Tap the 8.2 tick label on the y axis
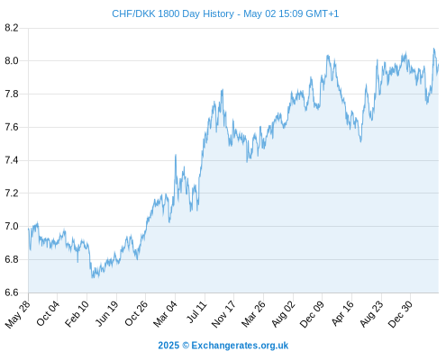click(12, 28)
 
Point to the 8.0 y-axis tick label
click(12, 61)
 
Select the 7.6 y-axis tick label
click(12, 127)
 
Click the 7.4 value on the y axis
click(12, 160)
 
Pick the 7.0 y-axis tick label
click(12, 226)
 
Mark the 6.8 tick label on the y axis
click(12, 259)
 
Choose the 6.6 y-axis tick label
click(12, 292)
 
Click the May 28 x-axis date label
click(18, 314)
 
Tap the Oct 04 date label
click(48, 313)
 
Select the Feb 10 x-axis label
click(77, 313)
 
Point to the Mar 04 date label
click(166, 313)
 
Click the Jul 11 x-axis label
click(197, 312)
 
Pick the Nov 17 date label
click(223, 314)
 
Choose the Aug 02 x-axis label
click(284, 314)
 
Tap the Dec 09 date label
click(313, 314)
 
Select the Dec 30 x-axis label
click(400, 314)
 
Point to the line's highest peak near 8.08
click(433, 49)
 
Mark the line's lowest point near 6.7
click(92, 277)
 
